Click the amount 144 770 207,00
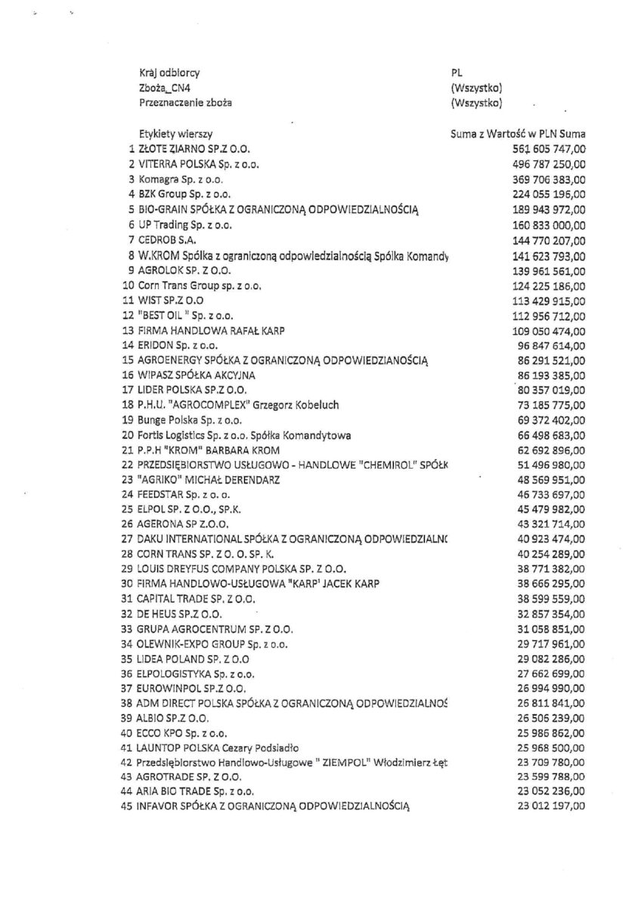click(x=543, y=240)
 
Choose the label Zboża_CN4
click(x=159, y=88)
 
